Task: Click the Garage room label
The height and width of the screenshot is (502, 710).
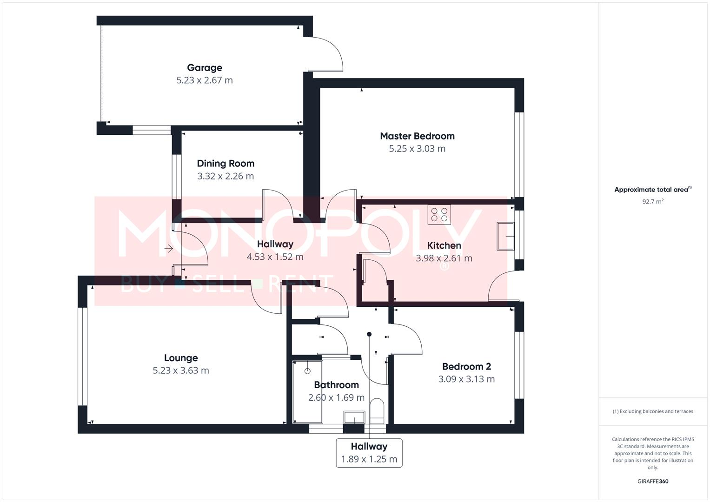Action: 205,68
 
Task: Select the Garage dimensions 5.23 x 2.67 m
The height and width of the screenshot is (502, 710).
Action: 205,80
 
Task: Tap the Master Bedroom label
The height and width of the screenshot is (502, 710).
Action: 417,136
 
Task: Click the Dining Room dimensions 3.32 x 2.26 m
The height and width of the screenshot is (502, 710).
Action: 226,176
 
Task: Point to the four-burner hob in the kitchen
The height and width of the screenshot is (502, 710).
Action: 439,215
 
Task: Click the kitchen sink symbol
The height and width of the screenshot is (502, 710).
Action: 505,236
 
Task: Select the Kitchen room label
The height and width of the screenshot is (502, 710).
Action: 444,245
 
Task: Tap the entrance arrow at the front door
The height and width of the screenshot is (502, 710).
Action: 168,249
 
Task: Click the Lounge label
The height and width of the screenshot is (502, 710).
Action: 181,358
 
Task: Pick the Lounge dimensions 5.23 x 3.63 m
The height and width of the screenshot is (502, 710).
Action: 181,370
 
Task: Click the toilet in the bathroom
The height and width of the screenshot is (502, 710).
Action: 377,411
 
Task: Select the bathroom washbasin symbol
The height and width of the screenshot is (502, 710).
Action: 354,417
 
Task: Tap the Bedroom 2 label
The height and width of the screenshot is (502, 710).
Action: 466,367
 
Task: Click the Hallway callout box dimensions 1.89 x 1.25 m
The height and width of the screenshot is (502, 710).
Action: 369,459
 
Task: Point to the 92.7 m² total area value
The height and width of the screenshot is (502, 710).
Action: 653,202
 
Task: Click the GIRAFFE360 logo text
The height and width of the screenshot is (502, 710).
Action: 653,482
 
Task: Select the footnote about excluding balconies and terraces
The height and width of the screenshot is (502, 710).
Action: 653,411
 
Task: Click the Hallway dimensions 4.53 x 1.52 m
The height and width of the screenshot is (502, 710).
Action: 275,257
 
